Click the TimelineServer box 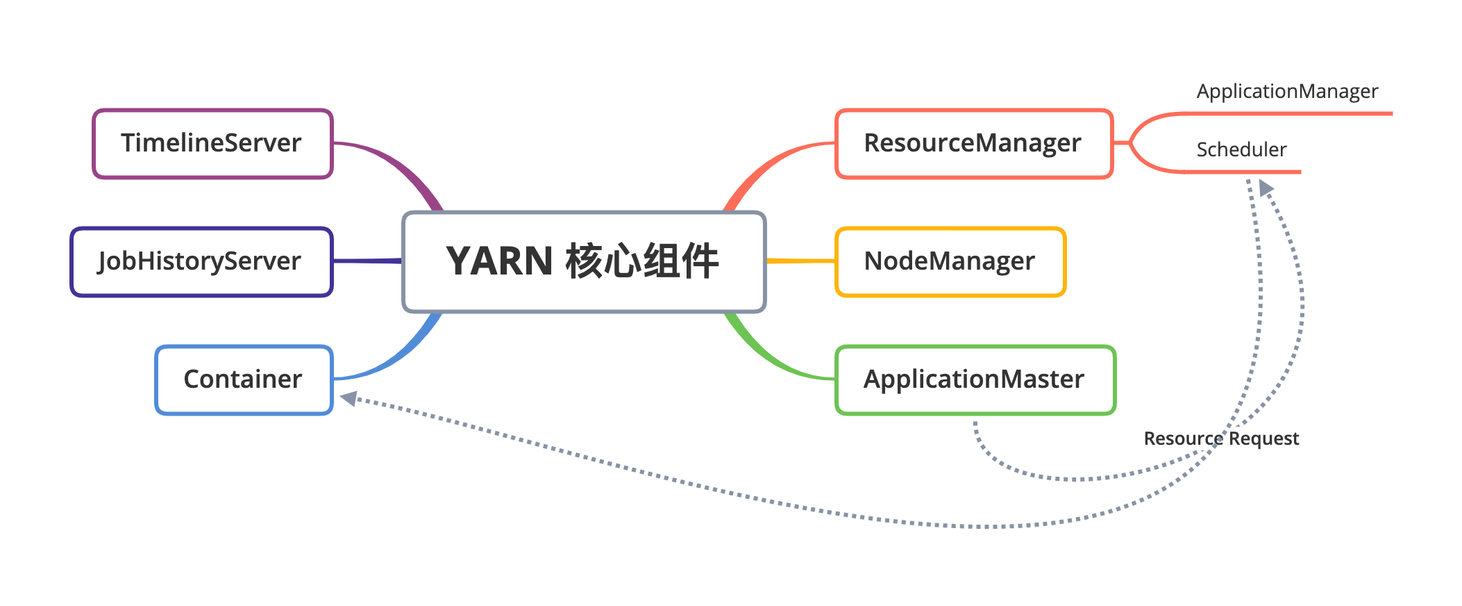point(212,143)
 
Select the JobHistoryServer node point(201,261)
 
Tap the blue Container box point(244,379)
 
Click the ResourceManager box point(973,143)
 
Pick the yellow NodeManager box point(950,261)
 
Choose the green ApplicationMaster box point(975,379)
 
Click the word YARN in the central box point(499,261)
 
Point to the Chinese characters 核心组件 point(642,261)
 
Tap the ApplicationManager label point(1287,91)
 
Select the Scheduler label point(1241,149)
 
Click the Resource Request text point(1221,439)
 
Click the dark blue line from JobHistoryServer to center point(368,261)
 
